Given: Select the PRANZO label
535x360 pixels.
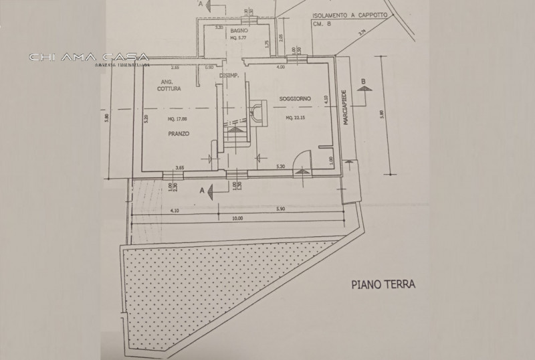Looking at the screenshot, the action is (179, 134).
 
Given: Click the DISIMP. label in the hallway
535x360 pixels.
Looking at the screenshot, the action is (229, 76).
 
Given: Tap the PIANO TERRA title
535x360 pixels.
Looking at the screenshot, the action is (383, 284).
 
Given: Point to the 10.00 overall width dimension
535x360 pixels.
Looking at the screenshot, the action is (237, 218).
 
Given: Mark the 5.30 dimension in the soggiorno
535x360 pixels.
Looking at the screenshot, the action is (282, 167).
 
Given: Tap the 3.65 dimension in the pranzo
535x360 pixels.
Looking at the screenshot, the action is (179, 167).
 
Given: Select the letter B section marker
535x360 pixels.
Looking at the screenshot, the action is (363, 82).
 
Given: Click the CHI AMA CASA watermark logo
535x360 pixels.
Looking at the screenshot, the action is (89, 58).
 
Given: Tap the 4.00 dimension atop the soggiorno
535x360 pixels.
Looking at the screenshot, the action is (281, 67).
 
